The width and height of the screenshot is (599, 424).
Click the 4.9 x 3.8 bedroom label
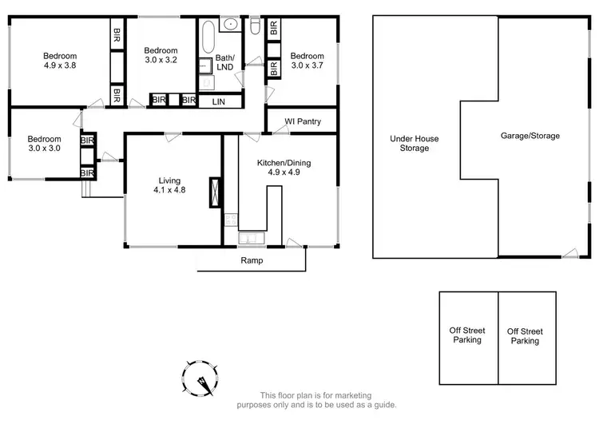point(60,61)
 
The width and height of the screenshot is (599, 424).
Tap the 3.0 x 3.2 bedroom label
point(161,54)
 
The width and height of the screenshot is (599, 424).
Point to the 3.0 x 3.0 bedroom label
point(44,142)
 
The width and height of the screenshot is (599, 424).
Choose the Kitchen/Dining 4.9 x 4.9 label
point(284,168)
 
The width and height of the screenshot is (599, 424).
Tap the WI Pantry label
point(302,121)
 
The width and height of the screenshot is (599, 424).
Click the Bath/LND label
point(224,62)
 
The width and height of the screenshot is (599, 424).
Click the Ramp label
point(251,261)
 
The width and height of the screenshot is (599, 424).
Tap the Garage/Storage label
point(530,136)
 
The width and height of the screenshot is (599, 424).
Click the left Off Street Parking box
point(468,335)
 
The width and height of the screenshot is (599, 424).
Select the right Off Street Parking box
point(525,335)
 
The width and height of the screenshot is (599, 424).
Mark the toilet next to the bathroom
point(255,28)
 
